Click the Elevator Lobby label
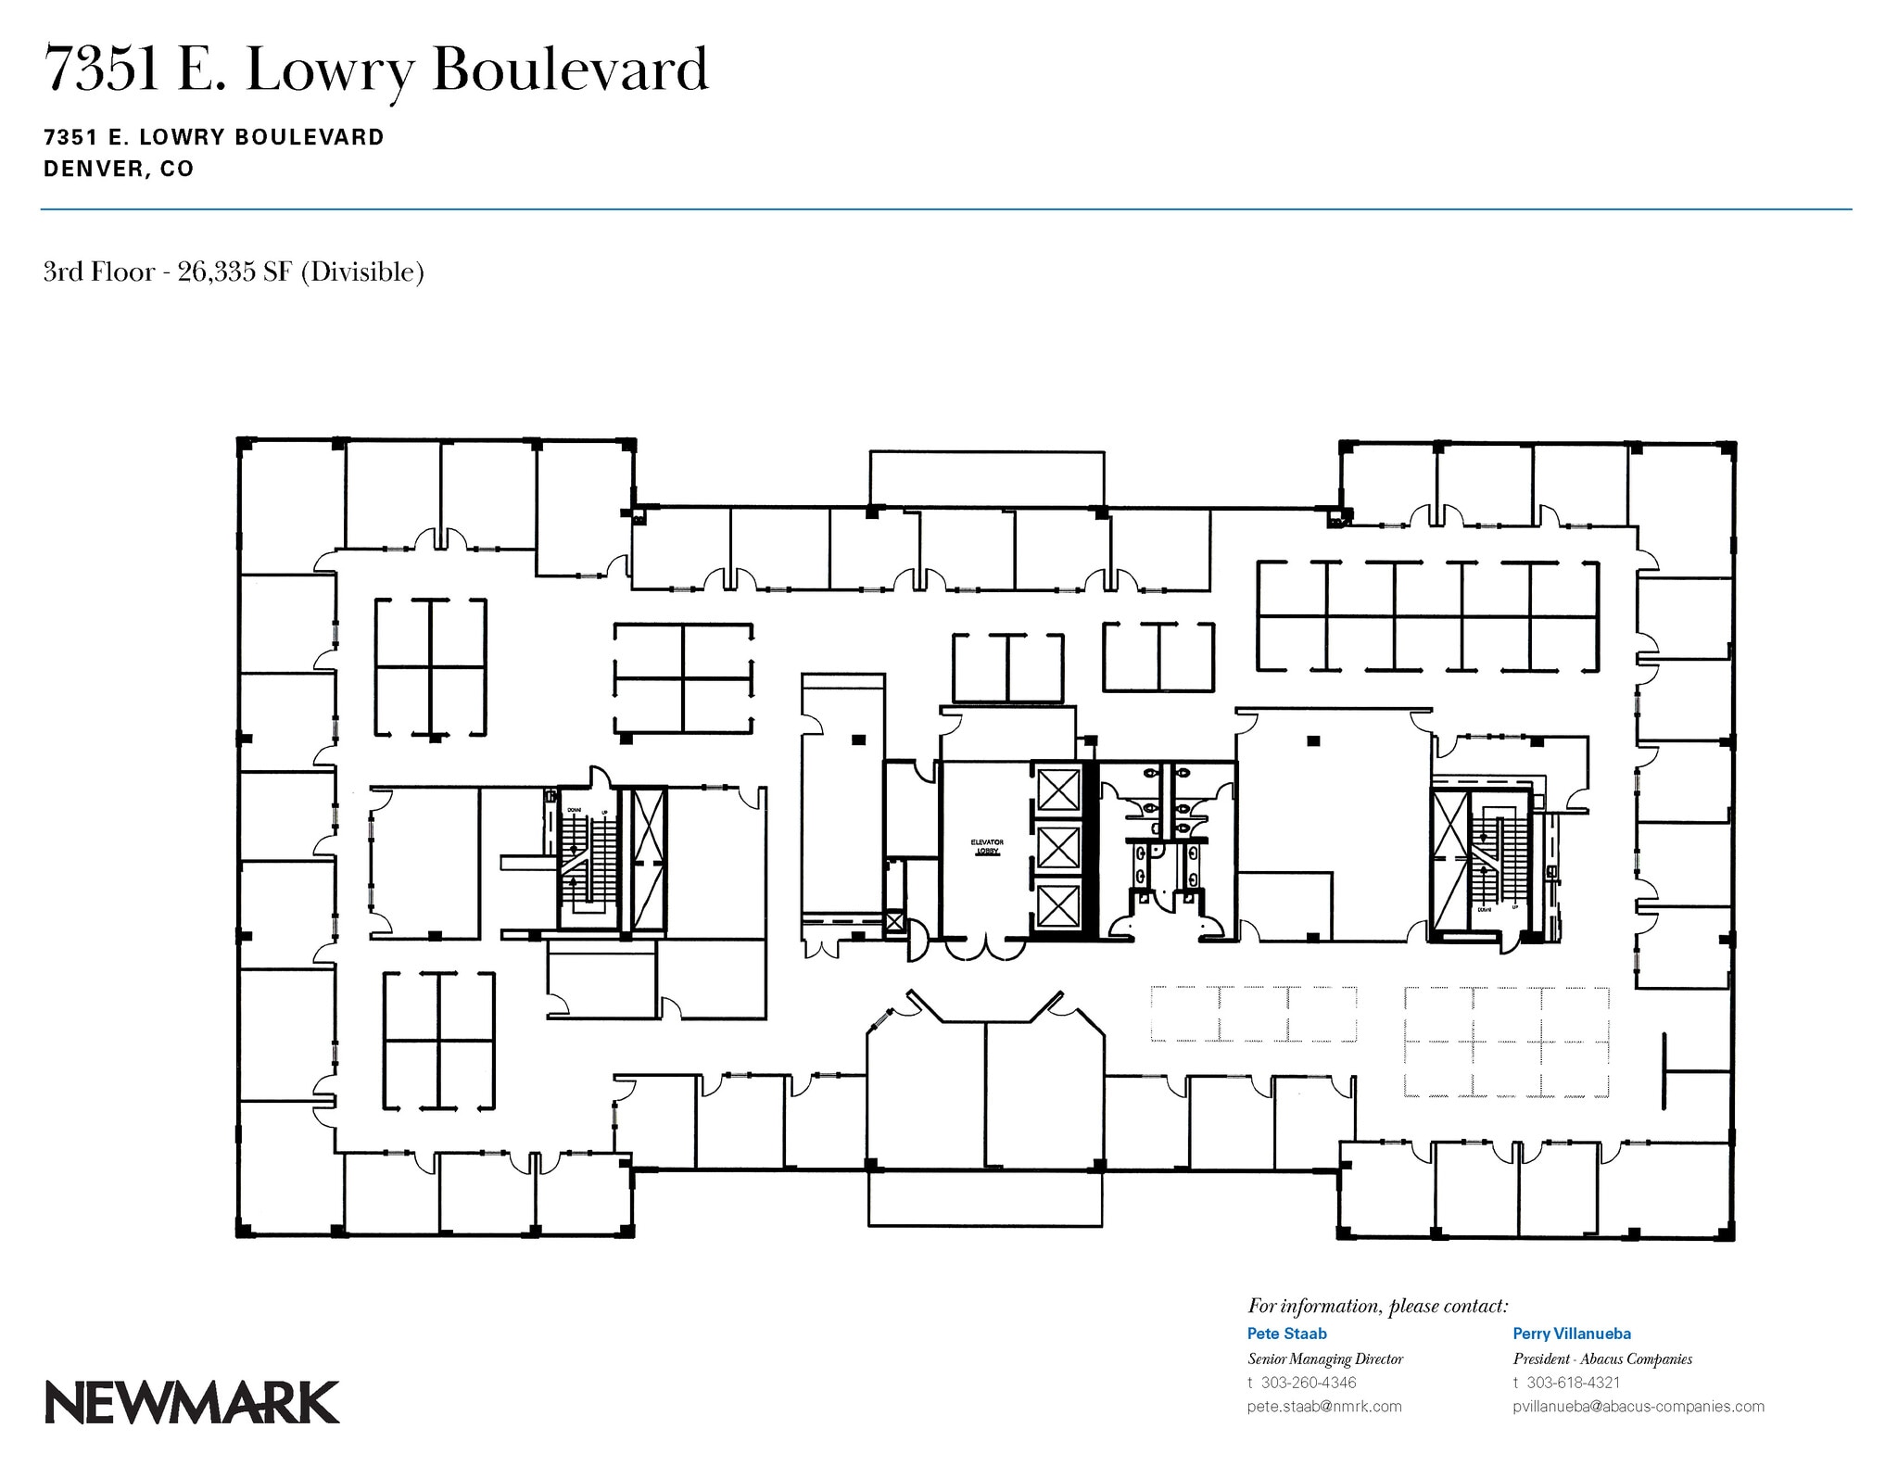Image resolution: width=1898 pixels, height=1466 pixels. (x=986, y=847)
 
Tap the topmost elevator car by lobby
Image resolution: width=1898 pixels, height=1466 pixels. (x=1057, y=790)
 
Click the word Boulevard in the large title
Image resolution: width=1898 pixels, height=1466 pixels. (x=570, y=70)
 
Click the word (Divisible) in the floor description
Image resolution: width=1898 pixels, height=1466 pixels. (x=362, y=272)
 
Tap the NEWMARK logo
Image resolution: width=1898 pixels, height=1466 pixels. (x=192, y=1402)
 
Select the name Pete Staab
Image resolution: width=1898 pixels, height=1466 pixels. (x=1286, y=1333)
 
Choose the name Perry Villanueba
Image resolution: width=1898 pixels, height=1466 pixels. (x=1572, y=1333)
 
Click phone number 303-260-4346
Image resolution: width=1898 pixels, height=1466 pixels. (x=1309, y=1382)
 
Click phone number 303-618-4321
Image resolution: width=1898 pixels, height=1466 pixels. (x=1574, y=1382)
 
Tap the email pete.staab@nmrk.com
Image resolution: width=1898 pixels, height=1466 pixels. (x=1323, y=1406)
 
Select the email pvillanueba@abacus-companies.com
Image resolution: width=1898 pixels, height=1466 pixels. (x=1638, y=1406)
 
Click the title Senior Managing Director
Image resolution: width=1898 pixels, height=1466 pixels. (x=1324, y=1359)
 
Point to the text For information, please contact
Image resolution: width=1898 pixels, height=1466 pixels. (x=1377, y=1306)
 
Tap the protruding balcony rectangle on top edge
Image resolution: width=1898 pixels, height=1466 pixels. (x=986, y=478)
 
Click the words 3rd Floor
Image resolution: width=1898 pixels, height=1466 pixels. (x=98, y=272)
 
